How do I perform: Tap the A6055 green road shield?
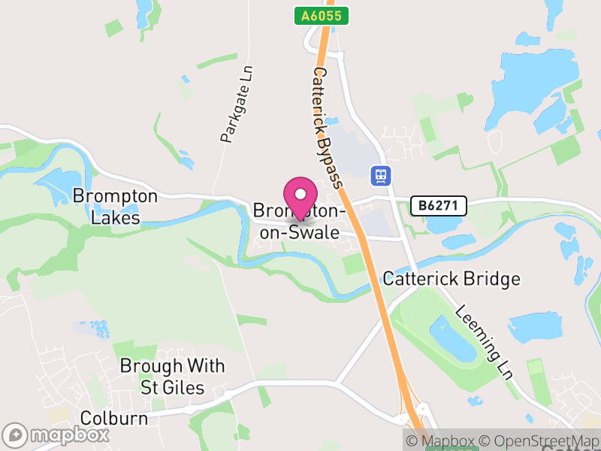pyautogui.click(x=321, y=16)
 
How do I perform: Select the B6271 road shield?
pyautogui.click(x=439, y=205)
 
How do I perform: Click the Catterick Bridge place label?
pyautogui.click(x=451, y=279)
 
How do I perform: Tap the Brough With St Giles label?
pyautogui.click(x=173, y=377)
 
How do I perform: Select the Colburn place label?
pyautogui.click(x=113, y=418)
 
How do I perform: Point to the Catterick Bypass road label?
pyautogui.click(x=328, y=128)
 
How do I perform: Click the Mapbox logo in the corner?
pyautogui.click(x=56, y=434)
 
